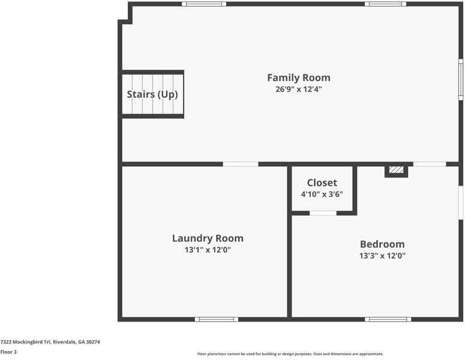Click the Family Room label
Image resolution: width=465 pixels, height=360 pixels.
(298, 77)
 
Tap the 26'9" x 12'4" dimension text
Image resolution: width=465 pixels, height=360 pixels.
(298, 89)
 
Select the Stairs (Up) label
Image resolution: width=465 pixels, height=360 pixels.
(152, 94)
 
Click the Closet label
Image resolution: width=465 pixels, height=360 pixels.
(322, 182)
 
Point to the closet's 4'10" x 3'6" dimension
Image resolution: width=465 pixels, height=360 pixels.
(322, 194)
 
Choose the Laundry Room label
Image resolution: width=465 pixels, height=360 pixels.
(208, 238)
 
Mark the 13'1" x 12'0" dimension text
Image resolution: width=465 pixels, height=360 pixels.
(208, 250)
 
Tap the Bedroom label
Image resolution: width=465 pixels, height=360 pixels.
(382, 244)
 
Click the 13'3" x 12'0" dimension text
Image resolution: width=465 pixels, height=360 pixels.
(382, 256)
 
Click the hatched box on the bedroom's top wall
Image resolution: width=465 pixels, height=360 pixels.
(396, 170)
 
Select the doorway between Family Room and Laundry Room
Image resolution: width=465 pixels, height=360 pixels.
(241, 164)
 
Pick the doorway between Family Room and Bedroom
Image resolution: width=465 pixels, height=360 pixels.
(430, 164)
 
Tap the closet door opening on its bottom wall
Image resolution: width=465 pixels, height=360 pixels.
(323, 213)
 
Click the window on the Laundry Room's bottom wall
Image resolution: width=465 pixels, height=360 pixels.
(217, 319)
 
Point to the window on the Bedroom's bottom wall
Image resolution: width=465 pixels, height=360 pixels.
(388, 319)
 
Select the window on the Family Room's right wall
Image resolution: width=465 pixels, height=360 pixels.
(461, 79)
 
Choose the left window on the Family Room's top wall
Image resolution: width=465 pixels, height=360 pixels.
(204, 4)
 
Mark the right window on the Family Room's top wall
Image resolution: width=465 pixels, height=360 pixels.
(385, 4)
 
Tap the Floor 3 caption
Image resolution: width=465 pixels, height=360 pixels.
(8, 352)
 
